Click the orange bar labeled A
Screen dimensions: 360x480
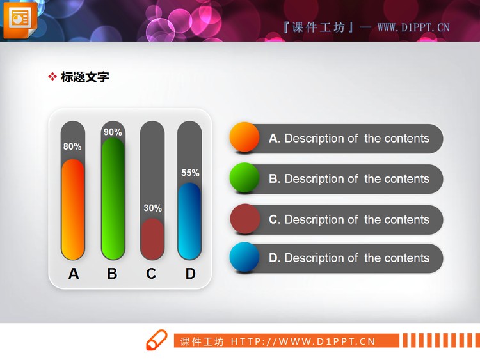click(73, 209)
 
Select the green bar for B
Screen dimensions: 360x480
click(113, 198)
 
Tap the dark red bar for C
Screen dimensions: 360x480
click(152, 239)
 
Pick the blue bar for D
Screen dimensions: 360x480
click(189, 221)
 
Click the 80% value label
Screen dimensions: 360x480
click(72, 146)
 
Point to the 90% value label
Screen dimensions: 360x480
click(113, 132)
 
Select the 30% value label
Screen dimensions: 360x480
click(152, 208)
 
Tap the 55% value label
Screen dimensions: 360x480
click(190, 173)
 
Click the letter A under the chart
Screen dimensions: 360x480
click(74, 274)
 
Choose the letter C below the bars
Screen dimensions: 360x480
click(151, 274)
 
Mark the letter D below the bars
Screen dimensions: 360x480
click(190, 274)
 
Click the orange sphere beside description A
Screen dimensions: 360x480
click(244, 137)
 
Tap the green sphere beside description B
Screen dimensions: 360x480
click(244, 178)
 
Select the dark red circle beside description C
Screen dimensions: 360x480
click(244, 219)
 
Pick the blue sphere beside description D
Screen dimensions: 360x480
click(244, 257)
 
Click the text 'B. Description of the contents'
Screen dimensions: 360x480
click(349, 179)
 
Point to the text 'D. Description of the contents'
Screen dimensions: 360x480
click(349, 258)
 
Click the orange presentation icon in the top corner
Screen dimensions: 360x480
click(20, 19)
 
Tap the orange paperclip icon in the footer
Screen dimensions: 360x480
click(156, 340)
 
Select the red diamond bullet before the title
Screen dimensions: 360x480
click(52, 77)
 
